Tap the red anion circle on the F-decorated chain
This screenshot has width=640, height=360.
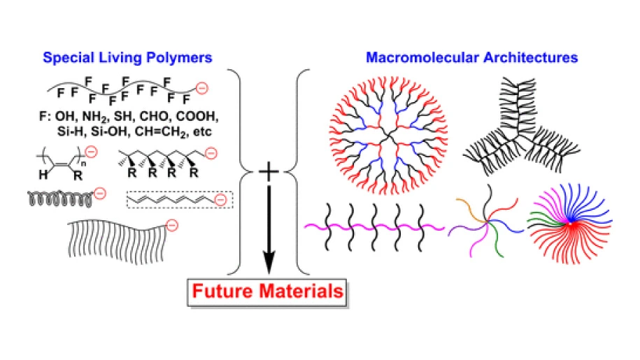[201, 89]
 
